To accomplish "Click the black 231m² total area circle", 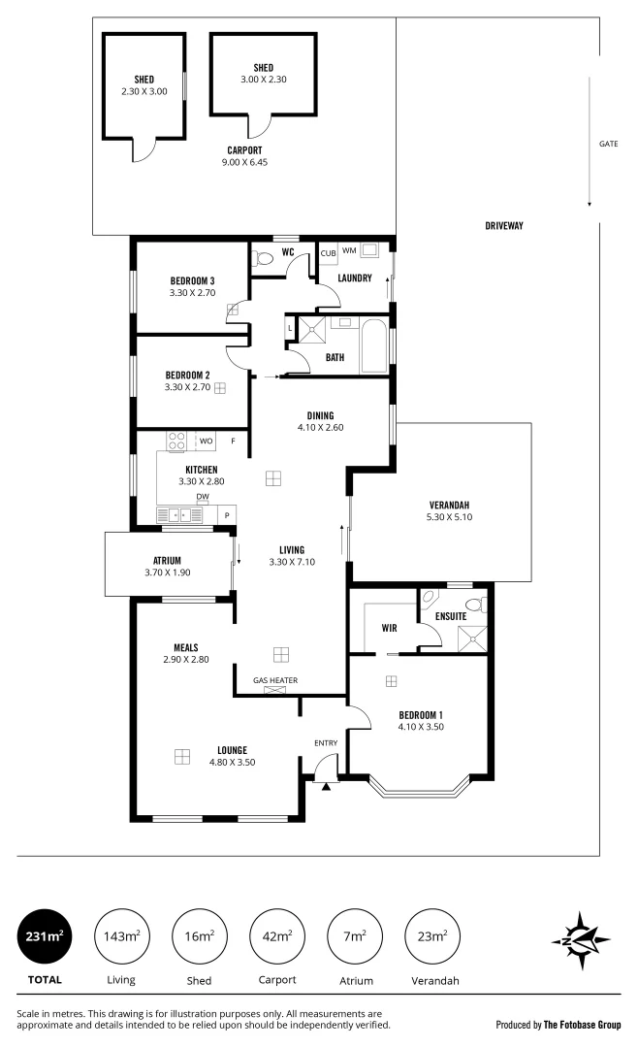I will click(46, 935).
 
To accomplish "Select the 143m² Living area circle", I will click(122, 935).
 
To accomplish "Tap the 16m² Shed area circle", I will click(199, 935).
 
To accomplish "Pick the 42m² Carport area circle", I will click(276, 935).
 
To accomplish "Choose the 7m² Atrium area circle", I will click(354, 935).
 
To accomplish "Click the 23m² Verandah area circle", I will click(431, 935).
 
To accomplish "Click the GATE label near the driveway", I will click(608, 144).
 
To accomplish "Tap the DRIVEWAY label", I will click(504, 226).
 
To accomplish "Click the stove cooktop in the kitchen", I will click(176, 442).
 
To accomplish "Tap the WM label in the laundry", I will click(348, 250).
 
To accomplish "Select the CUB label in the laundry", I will click(328, 253).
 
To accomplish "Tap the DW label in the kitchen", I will click(203, 496).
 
